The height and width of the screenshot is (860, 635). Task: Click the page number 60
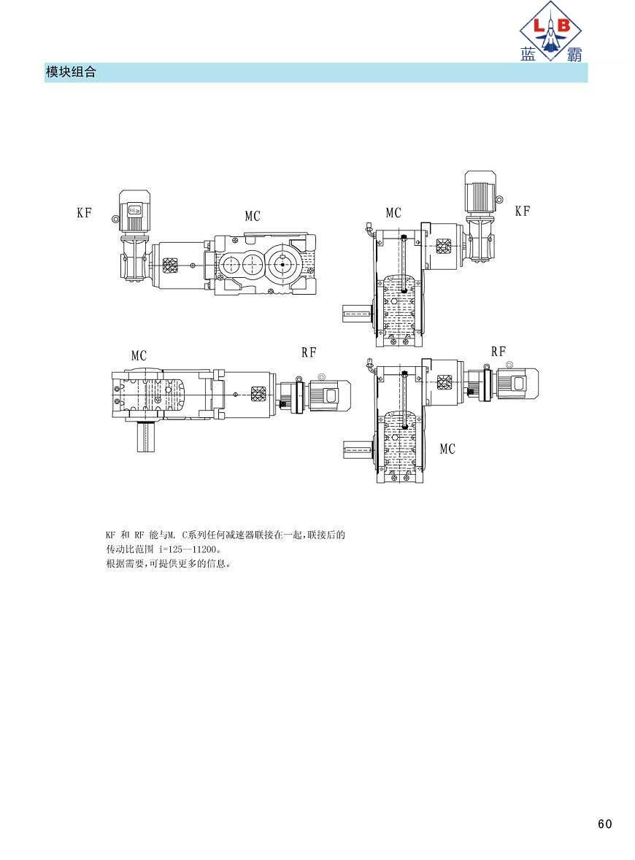tap(604, 824)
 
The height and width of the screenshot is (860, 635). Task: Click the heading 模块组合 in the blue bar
tap(71, 72)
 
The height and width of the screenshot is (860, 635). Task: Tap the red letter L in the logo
tap(539, 25)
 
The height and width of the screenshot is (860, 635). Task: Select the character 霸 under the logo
tap(574, 54)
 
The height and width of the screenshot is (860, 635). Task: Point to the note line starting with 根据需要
tap(169, 563)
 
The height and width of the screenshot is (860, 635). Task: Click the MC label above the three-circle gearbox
tap(253, 216)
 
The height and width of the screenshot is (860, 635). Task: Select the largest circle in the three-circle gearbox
tap(282, 264)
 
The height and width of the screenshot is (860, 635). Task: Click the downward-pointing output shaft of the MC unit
tap(147, 437)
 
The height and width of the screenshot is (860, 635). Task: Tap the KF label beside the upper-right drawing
tap(523, 211)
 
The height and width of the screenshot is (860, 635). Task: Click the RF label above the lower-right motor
tap(499, 352)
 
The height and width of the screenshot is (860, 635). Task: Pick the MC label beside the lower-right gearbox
tap(447, 449)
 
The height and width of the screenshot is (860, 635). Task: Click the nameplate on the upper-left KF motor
tap(134, 209)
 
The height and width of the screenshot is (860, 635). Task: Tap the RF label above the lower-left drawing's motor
tap(309, 352)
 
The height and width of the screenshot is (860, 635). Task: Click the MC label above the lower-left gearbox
tap(139, 356)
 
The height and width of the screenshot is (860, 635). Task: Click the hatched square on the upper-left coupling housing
tap(172, 266)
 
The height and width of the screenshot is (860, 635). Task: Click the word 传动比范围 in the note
tap(129, 549)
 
